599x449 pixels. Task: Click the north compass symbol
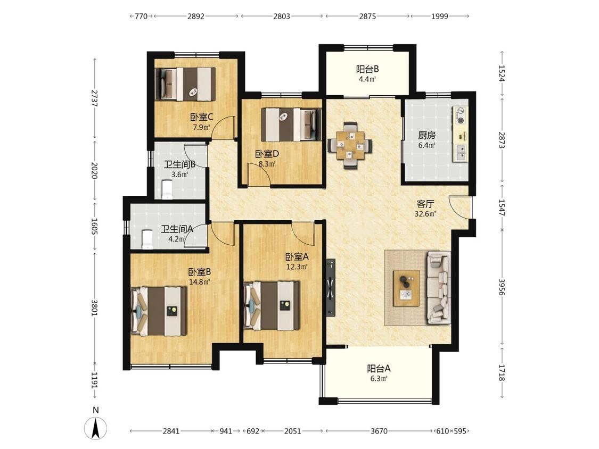95,427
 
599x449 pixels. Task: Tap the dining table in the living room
350,145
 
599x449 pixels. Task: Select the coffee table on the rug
406,288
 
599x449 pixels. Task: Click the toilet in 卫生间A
147,239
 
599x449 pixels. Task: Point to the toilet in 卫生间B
168,189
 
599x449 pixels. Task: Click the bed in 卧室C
186,84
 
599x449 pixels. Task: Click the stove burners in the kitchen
460,115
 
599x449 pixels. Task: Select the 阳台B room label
367,70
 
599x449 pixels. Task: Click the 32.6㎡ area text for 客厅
425,214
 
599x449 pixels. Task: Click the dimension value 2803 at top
282,16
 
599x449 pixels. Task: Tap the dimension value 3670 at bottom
379,431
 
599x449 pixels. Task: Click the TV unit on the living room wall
331,288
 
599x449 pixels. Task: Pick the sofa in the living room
439,288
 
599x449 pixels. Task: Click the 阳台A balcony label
379,369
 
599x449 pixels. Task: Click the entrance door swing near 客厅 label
460,207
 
